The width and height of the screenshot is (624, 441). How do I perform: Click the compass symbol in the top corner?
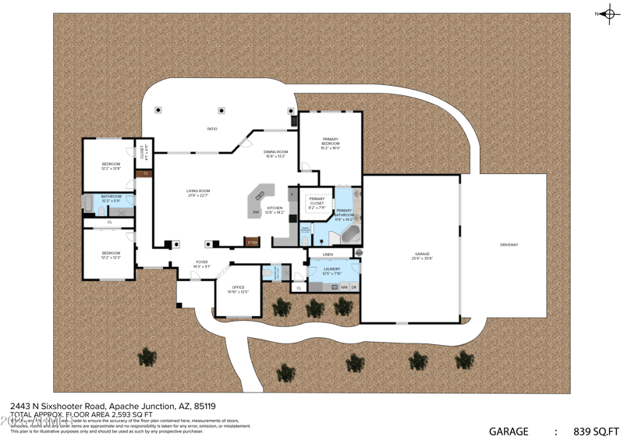[605, 13]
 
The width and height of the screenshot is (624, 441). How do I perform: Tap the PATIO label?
[212, 129]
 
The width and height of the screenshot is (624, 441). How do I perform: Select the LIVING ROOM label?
[198, 193]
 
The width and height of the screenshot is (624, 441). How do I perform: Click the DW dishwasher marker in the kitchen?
[255, 212]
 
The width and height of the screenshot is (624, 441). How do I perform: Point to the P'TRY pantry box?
[252, 242]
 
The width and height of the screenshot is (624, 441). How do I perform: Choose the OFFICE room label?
[237, 290]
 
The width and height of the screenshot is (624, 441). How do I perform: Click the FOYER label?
[201, 264]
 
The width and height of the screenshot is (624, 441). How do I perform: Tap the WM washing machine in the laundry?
[344, 287]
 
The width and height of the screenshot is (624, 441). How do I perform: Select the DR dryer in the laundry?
[354, 287]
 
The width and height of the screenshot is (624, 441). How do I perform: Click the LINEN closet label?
[328, 254]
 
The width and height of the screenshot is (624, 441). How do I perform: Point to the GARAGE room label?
[423, 256]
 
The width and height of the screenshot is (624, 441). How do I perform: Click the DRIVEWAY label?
[509, 245]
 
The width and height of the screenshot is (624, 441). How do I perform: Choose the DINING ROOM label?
[275, 154]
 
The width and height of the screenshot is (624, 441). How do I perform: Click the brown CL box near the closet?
[145, 172]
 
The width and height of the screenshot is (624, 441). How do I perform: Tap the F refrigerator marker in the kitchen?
[292, 192]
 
